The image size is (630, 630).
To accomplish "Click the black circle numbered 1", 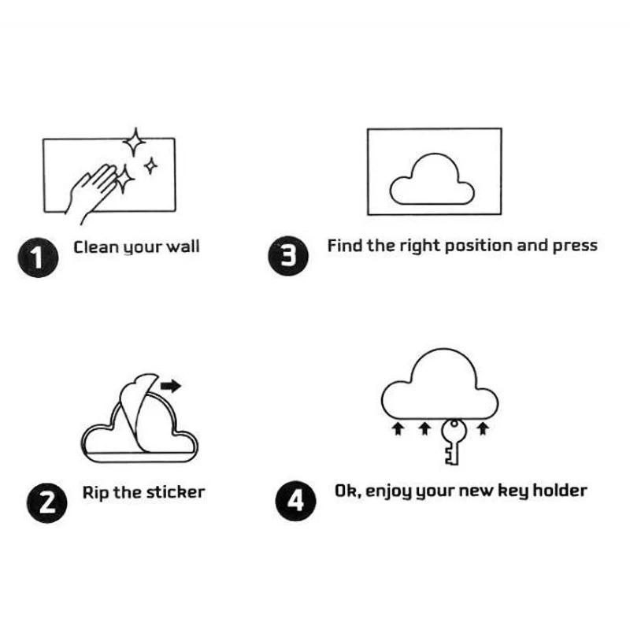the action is tap(38, 258).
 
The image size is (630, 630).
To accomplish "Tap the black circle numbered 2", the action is tap(47, 502).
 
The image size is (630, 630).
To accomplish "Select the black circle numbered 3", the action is tap(288, 255).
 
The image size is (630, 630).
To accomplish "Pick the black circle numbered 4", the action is tap(296, 501).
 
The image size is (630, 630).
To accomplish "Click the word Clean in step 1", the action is tap(96, 246).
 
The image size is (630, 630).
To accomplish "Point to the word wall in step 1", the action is tap(183, 246).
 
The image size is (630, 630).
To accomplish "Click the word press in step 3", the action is tap(576, 246).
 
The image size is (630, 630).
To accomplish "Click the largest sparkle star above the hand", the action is tap(135, 143).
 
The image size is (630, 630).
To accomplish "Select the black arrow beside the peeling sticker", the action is tap(171, 386).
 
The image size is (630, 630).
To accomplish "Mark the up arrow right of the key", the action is tap(483, 428).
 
